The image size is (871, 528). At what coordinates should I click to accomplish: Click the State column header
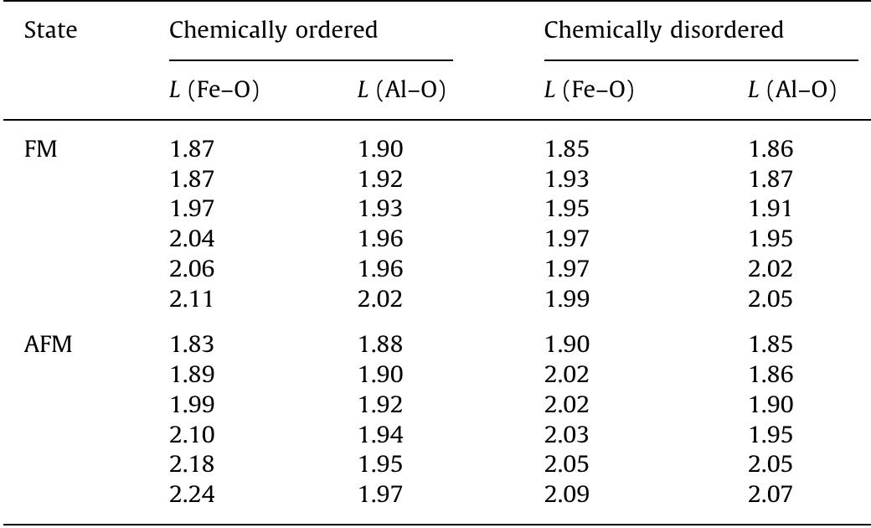[50, 31]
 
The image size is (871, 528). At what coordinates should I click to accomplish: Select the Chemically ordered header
[273, 31]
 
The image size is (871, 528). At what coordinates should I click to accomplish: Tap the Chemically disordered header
[664, 31]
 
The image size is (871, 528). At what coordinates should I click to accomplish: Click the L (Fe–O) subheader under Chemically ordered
[214, 91]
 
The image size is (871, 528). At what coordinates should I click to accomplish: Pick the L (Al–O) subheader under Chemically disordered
[791, 91]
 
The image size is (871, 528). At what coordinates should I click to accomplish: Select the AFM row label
[48, 344]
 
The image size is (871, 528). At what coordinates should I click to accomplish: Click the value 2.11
[192, 299]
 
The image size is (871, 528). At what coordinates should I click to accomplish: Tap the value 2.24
[192, 494]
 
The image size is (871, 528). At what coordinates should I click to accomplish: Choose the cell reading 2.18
[192, 464]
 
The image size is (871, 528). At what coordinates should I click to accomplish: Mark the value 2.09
[567, 494]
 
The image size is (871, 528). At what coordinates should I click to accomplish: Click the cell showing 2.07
[770, 494]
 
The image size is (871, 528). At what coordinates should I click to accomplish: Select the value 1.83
[192, 344]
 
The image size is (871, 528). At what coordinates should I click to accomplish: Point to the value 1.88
[380, 344]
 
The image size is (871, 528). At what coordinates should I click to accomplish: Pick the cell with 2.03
[567, 434]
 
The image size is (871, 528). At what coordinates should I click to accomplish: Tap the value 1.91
[770, 210]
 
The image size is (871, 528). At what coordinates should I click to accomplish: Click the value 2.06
[192, 269]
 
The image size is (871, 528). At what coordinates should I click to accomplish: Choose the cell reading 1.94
[380, 434]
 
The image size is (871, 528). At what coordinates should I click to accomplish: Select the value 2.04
[192, 240]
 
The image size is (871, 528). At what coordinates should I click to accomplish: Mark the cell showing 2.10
[192, 434]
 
